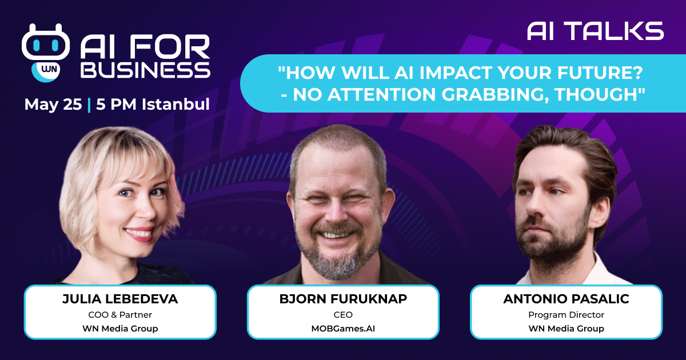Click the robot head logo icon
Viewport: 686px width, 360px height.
(x=46, y=42)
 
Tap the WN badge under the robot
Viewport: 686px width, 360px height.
(x=46, y=71)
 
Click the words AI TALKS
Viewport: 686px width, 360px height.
(x=595, y=31)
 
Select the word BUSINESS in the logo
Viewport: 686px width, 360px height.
(x=145, y=70)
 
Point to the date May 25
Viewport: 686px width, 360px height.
(x=53, y=104)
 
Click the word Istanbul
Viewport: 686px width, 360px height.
(x=176, y=104)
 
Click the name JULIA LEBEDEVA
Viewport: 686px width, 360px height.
(x=120, y=299)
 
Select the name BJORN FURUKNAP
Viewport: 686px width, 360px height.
(x=343, y=299)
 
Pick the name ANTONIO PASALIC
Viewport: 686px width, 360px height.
(x=566, y=299)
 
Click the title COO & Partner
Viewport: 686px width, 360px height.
(x=120, y=315)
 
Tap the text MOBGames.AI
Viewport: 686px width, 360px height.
(x=343, y=329)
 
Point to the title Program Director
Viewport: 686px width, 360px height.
(x=566, y=315)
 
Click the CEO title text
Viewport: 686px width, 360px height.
(x=343, y=315)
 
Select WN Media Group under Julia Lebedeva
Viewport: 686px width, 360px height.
(x=120, y=329)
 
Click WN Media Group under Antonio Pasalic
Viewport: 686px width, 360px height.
(x=566, y=329)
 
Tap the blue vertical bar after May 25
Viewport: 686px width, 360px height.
(x=89, y=105)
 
